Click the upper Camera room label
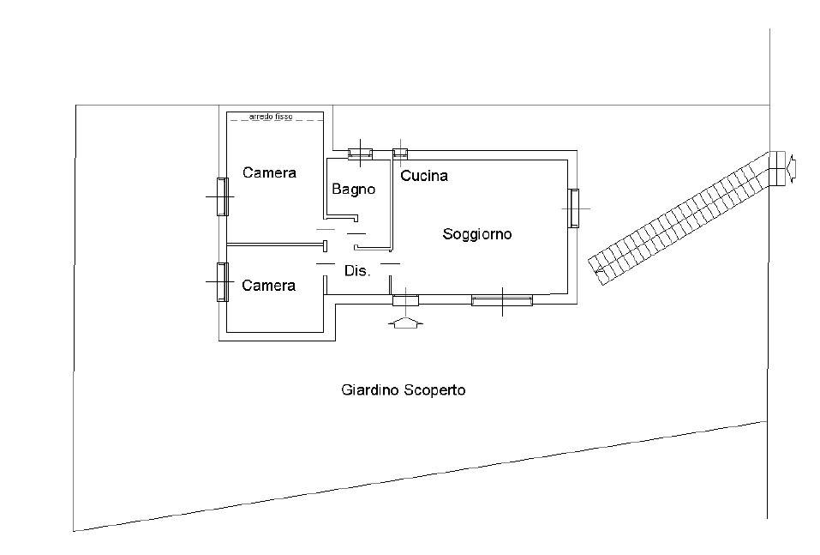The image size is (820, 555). (x=269, y=172)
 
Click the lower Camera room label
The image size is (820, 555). (x=269, y=285)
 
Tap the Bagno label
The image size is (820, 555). (x=354, y=190)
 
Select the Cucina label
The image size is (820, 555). (x=424, y=176)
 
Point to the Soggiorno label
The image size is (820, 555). (x=477, y=233)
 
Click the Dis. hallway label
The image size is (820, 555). (x=356, y=270)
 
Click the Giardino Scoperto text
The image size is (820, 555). (x=403, y=389)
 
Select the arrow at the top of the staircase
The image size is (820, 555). (x=793, y=168)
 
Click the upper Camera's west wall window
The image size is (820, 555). (x=222, y=196)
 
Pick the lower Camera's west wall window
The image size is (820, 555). (x=222, y=282)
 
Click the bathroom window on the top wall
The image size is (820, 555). (x=360, y=154)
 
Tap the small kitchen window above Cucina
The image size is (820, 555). (x=400, y=154)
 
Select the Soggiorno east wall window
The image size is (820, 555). (x=572, y=208)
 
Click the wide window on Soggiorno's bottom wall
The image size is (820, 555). (x=501, y=300)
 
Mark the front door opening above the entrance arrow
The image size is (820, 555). (x=404, y=300)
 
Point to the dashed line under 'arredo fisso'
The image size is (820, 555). (x=275, y=121)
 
